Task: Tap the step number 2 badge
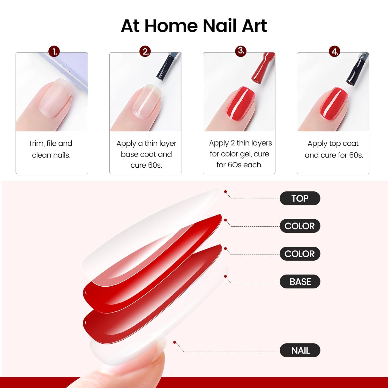pyautogui.click(x=146, y=51)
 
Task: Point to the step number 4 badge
pyautogui.click(x=335, y=51)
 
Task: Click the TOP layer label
pyautogui.click(x=300, y=198)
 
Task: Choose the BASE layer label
pyautogui.click(x=300, y=281)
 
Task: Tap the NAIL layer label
pyautogui.click(x=300, y=350)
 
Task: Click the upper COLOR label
pyautogui.click(x=300, y=226)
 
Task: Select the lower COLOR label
pyautogui.click(x=300, y=254)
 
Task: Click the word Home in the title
pyautogui.click(x=171, y=26)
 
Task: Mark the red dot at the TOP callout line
pyautogui.click(x=226, y=192)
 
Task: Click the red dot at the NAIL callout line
pyautogui.click(x=175, y=342)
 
